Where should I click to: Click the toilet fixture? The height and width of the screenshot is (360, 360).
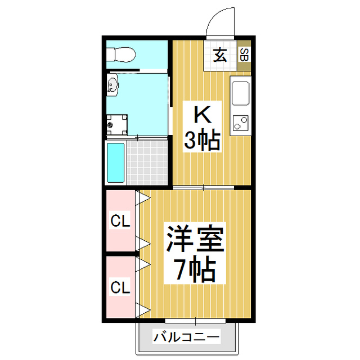click(x=121, y=55)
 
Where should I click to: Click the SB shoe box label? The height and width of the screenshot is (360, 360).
click(x=244, y=55)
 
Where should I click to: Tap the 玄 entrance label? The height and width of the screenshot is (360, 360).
click(x=220, y=55)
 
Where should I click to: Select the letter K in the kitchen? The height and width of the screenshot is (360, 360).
click(x=202, y=115)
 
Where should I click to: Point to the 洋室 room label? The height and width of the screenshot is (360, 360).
click(x=195, y=240)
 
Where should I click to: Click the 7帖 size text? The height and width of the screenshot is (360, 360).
click(x=195, y=271)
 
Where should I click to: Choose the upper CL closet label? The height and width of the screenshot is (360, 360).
click(x=119, y=222)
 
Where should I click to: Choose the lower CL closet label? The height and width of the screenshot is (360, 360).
click(x=119, y=287)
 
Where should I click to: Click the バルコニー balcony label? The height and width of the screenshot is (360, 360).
click(x=186, y=337)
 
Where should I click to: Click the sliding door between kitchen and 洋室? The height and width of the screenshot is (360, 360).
click(x=204, y=187)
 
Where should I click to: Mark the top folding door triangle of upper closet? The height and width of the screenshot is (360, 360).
click(x=143, y=197)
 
